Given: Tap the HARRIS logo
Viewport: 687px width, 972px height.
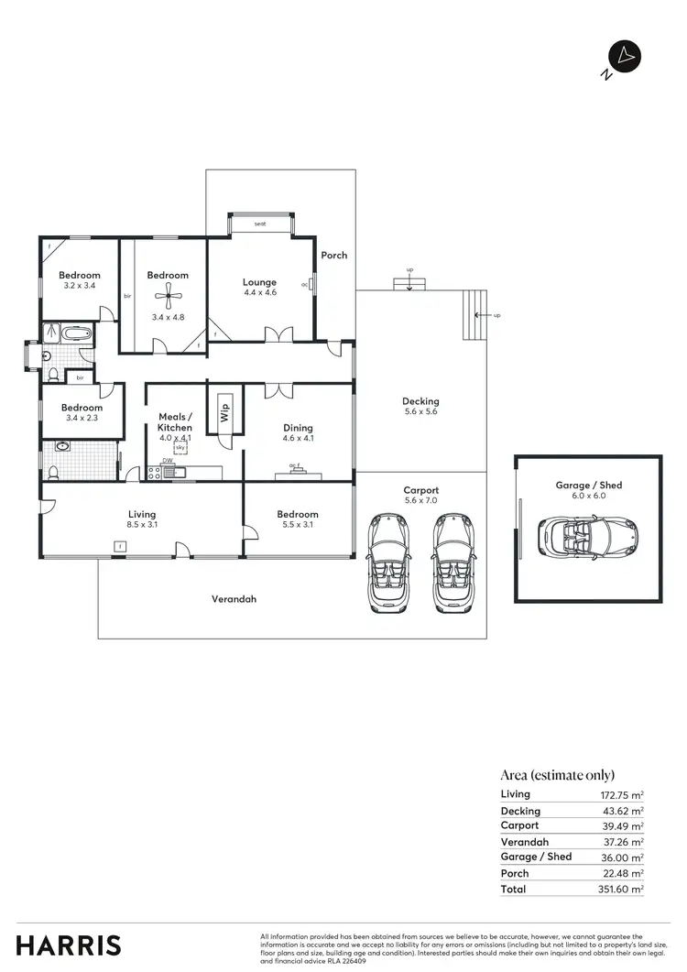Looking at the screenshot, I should [69, 945].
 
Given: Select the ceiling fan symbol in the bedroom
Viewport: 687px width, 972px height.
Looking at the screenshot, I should [168, 294].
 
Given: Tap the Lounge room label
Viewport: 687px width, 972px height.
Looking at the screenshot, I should [259, 282].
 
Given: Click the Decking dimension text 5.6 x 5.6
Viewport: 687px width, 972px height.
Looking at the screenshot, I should [420, 412].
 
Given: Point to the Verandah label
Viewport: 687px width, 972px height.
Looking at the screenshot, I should [234, 599].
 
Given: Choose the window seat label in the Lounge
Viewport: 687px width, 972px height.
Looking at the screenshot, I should [260, 224].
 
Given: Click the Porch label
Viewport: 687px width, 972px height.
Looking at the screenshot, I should [334, 255].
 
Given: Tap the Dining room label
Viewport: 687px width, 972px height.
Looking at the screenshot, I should [298, 428].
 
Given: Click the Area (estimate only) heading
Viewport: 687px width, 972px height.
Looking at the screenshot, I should [558, 774].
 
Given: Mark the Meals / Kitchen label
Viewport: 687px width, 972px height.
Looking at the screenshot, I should [175, 421].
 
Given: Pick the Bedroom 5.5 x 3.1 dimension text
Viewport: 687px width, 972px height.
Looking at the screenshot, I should [298, 525].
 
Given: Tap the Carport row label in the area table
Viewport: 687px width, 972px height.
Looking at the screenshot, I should [520, 825].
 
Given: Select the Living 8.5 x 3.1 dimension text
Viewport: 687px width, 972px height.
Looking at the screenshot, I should [142, 525].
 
